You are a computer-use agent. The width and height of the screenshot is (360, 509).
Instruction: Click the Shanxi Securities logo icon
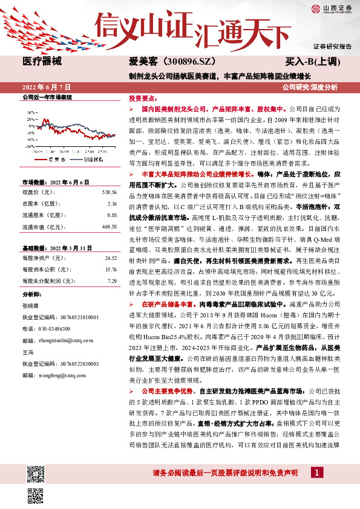point(316,8)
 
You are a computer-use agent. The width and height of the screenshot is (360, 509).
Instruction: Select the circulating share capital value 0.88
point(112,215)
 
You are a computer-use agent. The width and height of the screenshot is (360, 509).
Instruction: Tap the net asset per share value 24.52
point(111,258)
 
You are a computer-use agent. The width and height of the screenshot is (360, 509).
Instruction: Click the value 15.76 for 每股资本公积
point(111,270)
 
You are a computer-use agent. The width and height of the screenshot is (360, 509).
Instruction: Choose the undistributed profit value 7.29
point(112,281)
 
